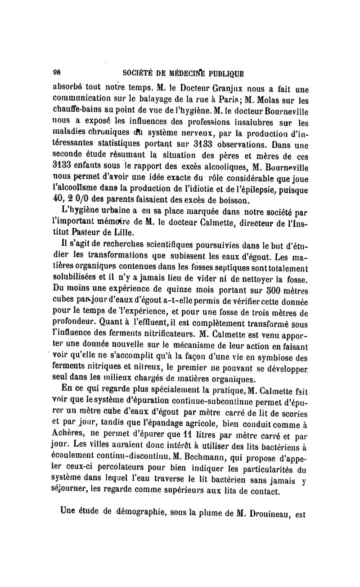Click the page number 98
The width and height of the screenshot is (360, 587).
(58, 72)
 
